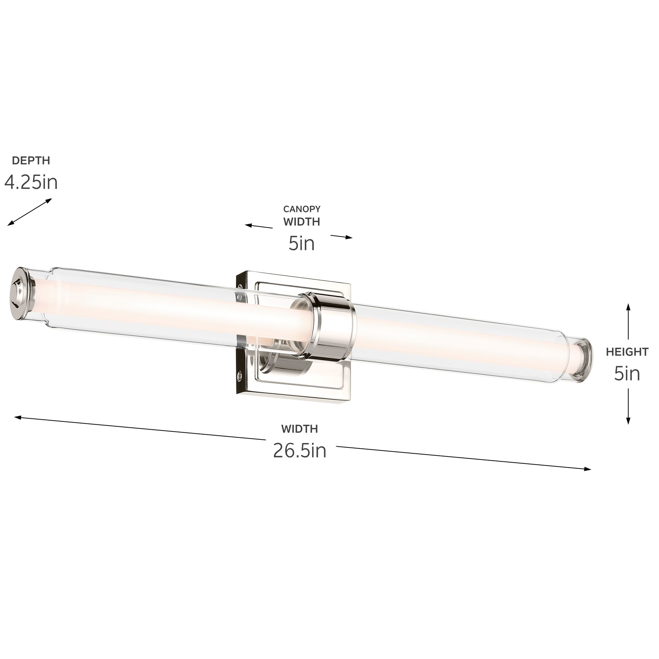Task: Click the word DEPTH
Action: (31, 160)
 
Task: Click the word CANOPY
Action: (301, 209)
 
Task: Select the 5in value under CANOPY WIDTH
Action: (301, 244)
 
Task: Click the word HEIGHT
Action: (627, 352)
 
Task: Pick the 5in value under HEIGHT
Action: (627, 374)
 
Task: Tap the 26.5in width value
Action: (300, 450)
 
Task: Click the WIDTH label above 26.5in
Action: (300, 429)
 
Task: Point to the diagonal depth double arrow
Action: (30, 212)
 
